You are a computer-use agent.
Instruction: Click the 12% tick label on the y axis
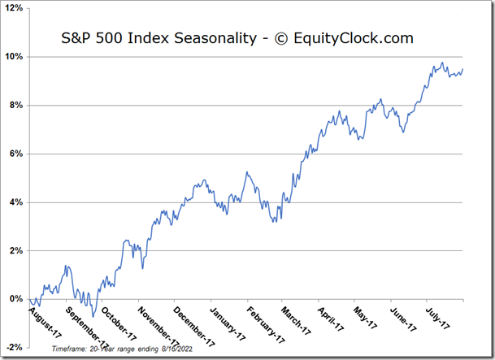(x=13, y=8)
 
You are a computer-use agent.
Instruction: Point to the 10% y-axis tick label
(x=13, y=57)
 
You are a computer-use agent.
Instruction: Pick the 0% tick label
(x=15, y=299)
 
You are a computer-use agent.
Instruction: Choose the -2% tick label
(x=14, y=348)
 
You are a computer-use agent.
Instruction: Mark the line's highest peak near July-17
(x=441, y=63)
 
